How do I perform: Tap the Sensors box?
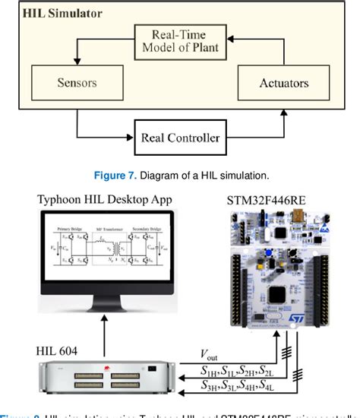point(77,78)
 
